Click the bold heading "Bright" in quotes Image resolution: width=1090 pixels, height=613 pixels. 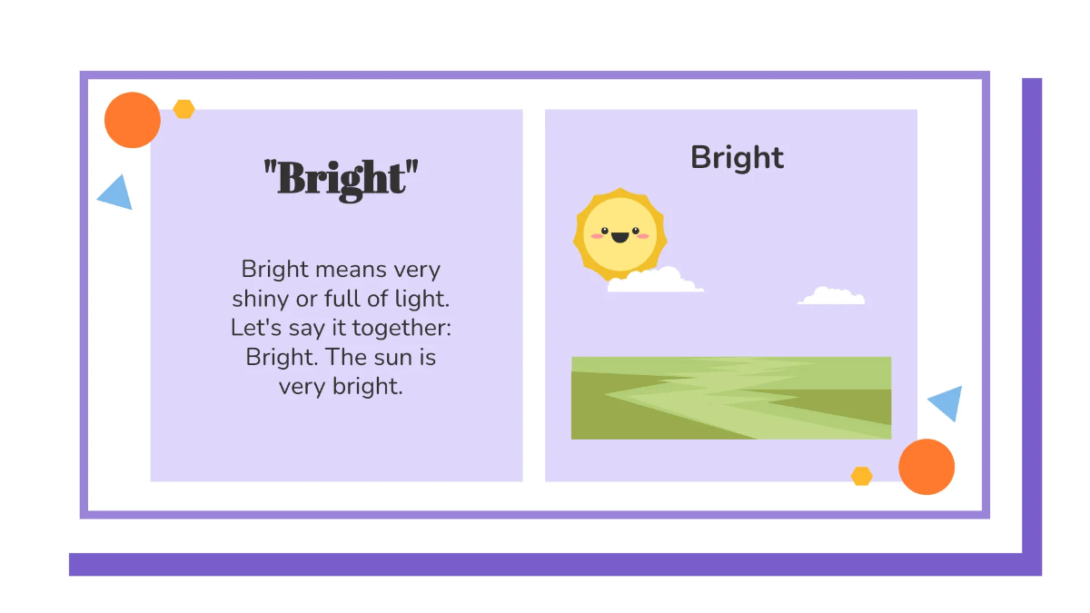pyautogui.click(x=342, y=178)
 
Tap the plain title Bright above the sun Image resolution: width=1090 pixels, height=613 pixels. pyautogui.click(x=737, y=157)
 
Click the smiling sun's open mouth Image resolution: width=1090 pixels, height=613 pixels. pyautogui.click(x=619, y=238)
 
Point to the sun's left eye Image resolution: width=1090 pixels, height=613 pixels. pyautogui.click(x=602, y=231)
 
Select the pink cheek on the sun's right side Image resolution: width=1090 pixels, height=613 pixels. pyautogui.click(x=643, y=236)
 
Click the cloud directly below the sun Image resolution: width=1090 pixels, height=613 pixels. pyautogui.click(x=656, y=281)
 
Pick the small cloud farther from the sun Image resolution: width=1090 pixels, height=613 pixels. pyautogui.click(x=831, y=296)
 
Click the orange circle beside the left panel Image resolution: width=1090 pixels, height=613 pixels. pyautogui.click(x=133, y=120)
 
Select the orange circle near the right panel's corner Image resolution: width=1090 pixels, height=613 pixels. pyautogui.click(x=926, y=467)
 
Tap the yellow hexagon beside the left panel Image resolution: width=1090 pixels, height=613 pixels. pyautogui.click(x=184, y=109)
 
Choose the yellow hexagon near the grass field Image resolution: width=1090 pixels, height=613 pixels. pyautogui.click(x=861, y=476)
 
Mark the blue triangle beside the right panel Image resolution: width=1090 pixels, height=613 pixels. pyautogui.click(x=946, y=402)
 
